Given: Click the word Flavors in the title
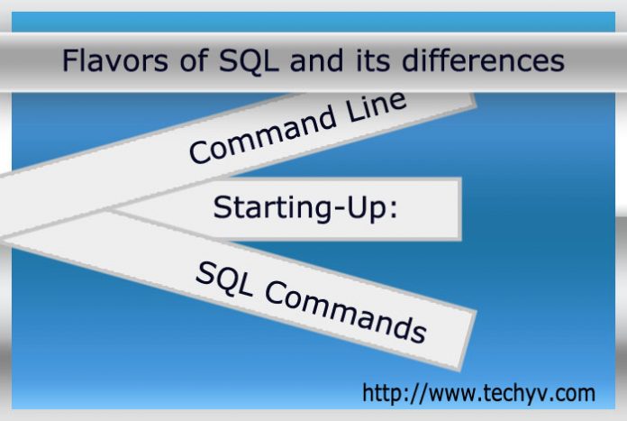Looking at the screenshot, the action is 115,60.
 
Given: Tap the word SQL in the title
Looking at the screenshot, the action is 249,60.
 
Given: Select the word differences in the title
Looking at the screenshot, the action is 483,60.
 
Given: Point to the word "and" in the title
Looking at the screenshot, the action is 316,60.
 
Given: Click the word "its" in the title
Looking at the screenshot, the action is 372,60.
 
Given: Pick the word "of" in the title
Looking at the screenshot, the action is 194,60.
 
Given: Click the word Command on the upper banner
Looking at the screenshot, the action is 262,136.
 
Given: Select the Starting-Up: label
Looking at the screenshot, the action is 305,208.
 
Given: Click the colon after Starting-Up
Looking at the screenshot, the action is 395,209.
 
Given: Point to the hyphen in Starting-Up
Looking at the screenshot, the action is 339,209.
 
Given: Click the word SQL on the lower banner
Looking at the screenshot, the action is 224,279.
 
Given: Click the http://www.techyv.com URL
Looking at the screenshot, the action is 478,392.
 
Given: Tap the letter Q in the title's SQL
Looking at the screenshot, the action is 249,60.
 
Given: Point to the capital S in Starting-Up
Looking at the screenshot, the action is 223,207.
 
